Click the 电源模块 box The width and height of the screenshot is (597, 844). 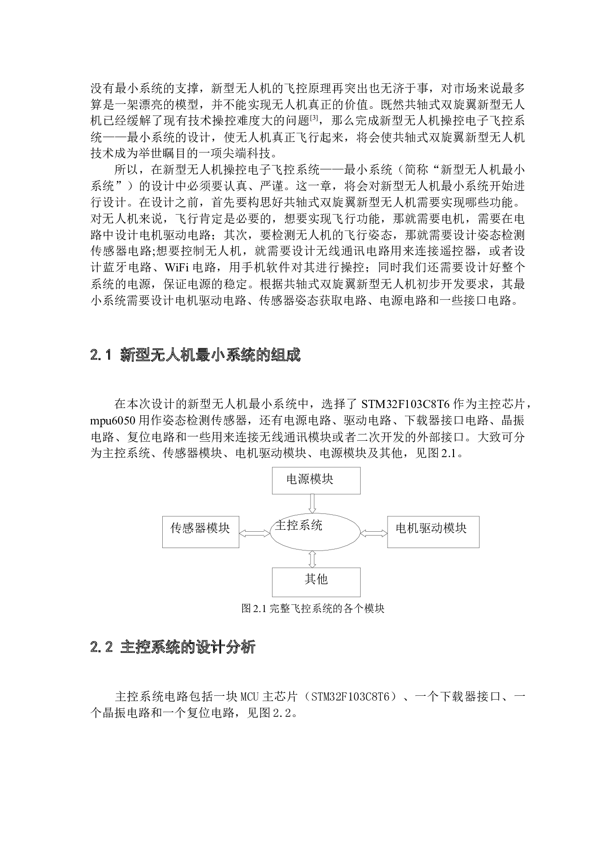point(316,480)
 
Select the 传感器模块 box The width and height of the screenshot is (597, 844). point(200,532)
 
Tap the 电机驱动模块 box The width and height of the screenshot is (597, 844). point(433,532)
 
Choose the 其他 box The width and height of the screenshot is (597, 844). point(316,582)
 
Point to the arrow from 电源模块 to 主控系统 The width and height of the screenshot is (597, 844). point(312,503)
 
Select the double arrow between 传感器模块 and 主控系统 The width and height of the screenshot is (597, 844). point(254,533)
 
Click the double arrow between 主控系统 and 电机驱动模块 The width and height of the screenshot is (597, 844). point(374,533)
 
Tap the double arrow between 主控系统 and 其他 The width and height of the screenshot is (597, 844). point(312,559)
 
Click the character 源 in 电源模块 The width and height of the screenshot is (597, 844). point(304,479)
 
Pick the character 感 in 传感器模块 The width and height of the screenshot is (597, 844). point(188,528)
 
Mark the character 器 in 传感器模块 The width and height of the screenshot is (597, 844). point(200,528)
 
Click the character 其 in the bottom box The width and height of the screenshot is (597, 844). point(310,579)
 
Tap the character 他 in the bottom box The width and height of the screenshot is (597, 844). point(322,579)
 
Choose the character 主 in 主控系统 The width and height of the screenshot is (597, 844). point(281,525)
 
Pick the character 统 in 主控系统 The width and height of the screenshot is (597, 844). point(316,525)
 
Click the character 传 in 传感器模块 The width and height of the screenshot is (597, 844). point(176,528)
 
